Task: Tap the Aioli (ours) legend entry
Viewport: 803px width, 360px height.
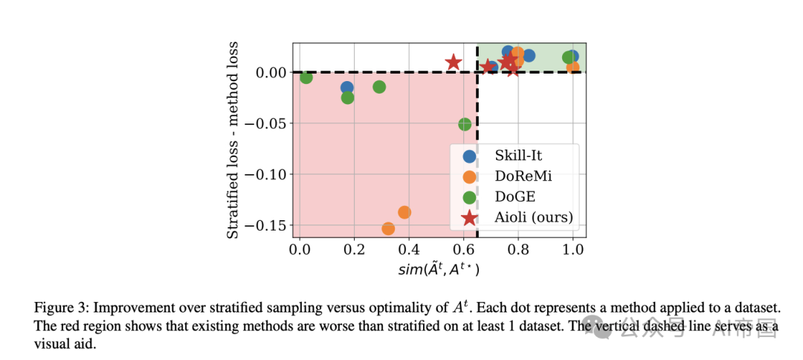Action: pyautogui.click(x=534, y=218)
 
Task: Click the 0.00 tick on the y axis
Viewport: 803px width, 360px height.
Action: pyautogui.click(x=271, y=73)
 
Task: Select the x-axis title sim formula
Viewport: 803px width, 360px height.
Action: pyautogui.click(x=439, y=270)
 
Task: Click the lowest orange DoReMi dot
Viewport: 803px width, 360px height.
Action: pyautogui.click(x=388, y=228)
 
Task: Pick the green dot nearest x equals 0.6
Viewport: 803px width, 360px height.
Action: pyautogui.click(x=465, y=124)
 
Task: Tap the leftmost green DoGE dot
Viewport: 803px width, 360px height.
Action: pyautogui.click(x=306, y=77)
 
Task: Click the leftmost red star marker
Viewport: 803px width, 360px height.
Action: pyautogui.click(x=454, y=62)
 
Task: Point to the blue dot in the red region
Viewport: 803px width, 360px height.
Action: pyautogui.click(x=346, y=88)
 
